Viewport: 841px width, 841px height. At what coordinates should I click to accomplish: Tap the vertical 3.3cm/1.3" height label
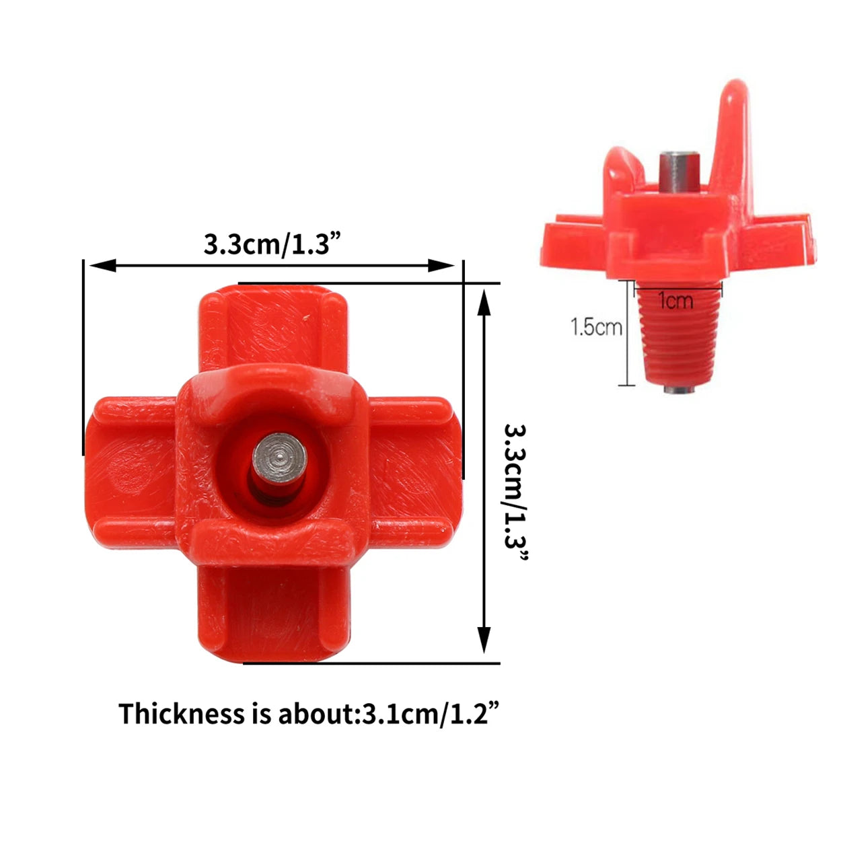(x=517, y=492)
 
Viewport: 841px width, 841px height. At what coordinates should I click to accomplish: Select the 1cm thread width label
(x=675, y=301)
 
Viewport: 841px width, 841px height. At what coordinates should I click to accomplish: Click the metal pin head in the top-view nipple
(x=279, y=458)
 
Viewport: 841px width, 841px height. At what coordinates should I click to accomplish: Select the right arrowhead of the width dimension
(x=441, y=265)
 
